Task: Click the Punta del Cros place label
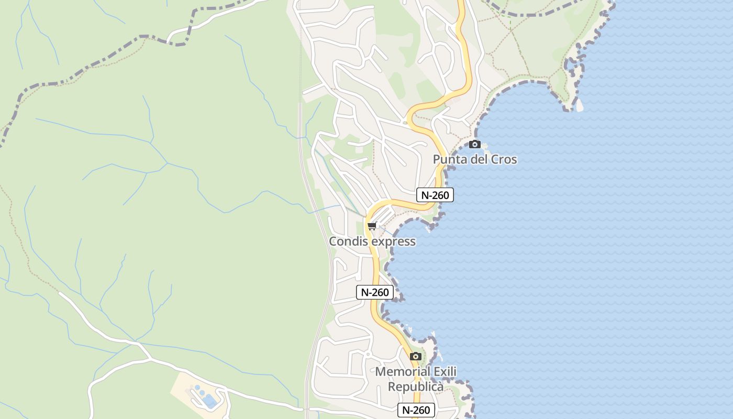pyautogui.click(x=475, y=159)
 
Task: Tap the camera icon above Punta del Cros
pyautogui.click(x=475, y=144)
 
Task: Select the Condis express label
pyautogui.click(x=372, y=241)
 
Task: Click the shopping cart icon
pyautogui.click(x=372, y=226)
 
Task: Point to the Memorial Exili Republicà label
pyautogui.click(x=416, y=379)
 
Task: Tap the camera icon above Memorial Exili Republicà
pyautogui.click(x=416, y=356)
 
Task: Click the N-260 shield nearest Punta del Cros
pyautogui.click(x=435, y=195)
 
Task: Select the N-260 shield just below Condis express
pyautogui.click(x=375, y=292)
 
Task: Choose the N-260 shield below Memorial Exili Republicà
pyautogui.click(x=416, y=410)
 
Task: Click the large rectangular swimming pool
pyautogui.click(x=210, y=401)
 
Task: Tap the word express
pyautogui.click(x=393, y=241)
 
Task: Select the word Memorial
pyautogui.click(x=402, y=372)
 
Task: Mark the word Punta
pyautogui.click(x=449, y=159)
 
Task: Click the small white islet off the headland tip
pyautogui.click(x=580, y=105)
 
